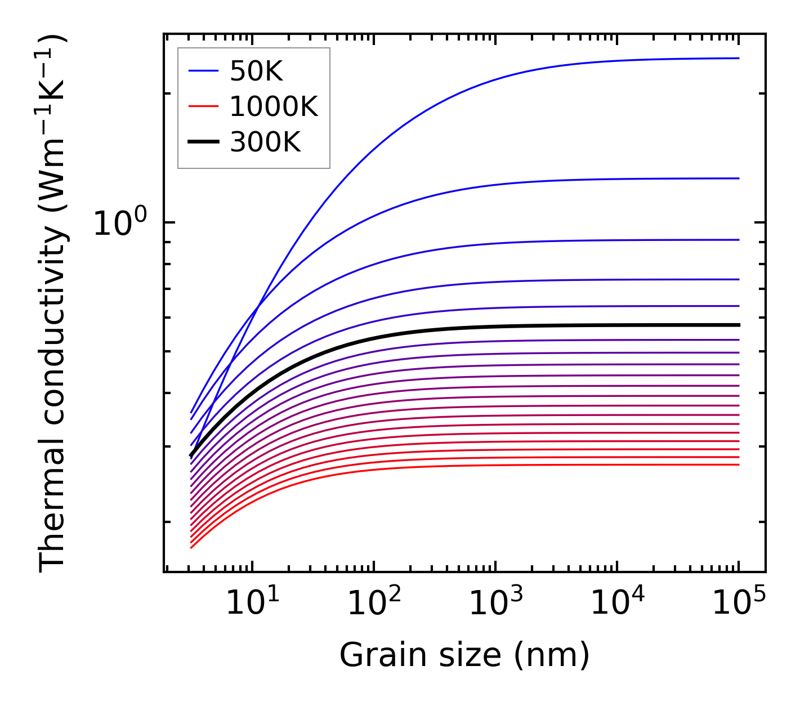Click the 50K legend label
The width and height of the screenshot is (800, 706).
[x=256, y=72]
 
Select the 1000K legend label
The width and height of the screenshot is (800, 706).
[x=274, y=106]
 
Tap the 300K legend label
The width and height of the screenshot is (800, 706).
[x=265, y=142]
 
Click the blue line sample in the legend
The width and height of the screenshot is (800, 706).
[x=203, y=71]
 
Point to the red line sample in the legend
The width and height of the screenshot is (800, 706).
[x=203, y=106]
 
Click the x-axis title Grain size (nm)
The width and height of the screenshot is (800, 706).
[x=464, y=655]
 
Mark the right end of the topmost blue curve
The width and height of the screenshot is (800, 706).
[x=738, y=58]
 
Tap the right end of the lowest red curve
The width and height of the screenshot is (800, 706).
[x=738, y=464]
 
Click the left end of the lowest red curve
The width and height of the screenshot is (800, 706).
[x=192, y=547]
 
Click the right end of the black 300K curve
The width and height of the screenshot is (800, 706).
[x=738, y=325]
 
